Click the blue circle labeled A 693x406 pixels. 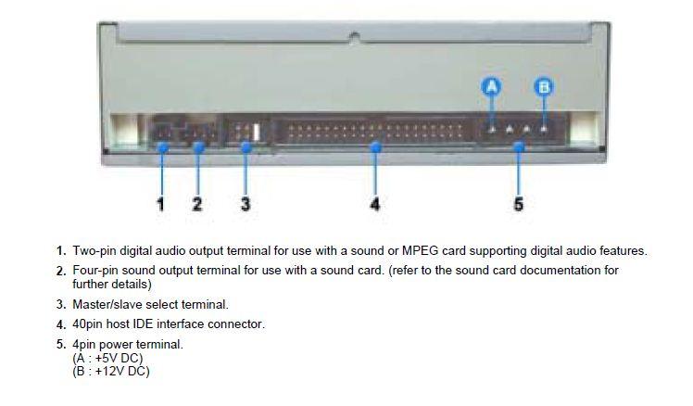pos(491,87)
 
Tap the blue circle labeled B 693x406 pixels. pos(544,87)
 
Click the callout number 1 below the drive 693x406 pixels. pos(160,204)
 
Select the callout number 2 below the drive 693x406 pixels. pos(197,204)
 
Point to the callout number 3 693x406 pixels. pos(246,204)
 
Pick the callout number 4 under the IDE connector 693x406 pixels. pos(375,204)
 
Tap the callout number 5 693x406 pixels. pos(519,204)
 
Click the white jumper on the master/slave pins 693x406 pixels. pos(257,133)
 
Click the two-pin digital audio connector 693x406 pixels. pos(162,132)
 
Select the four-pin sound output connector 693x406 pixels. pos(200,132)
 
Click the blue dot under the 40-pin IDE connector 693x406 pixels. pos(375,146)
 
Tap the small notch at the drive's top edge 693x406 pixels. pos(353,36)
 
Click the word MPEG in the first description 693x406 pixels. pos(419,251)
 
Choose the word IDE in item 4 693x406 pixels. pos(144,324)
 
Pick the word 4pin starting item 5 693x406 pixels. pos(84,345)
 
